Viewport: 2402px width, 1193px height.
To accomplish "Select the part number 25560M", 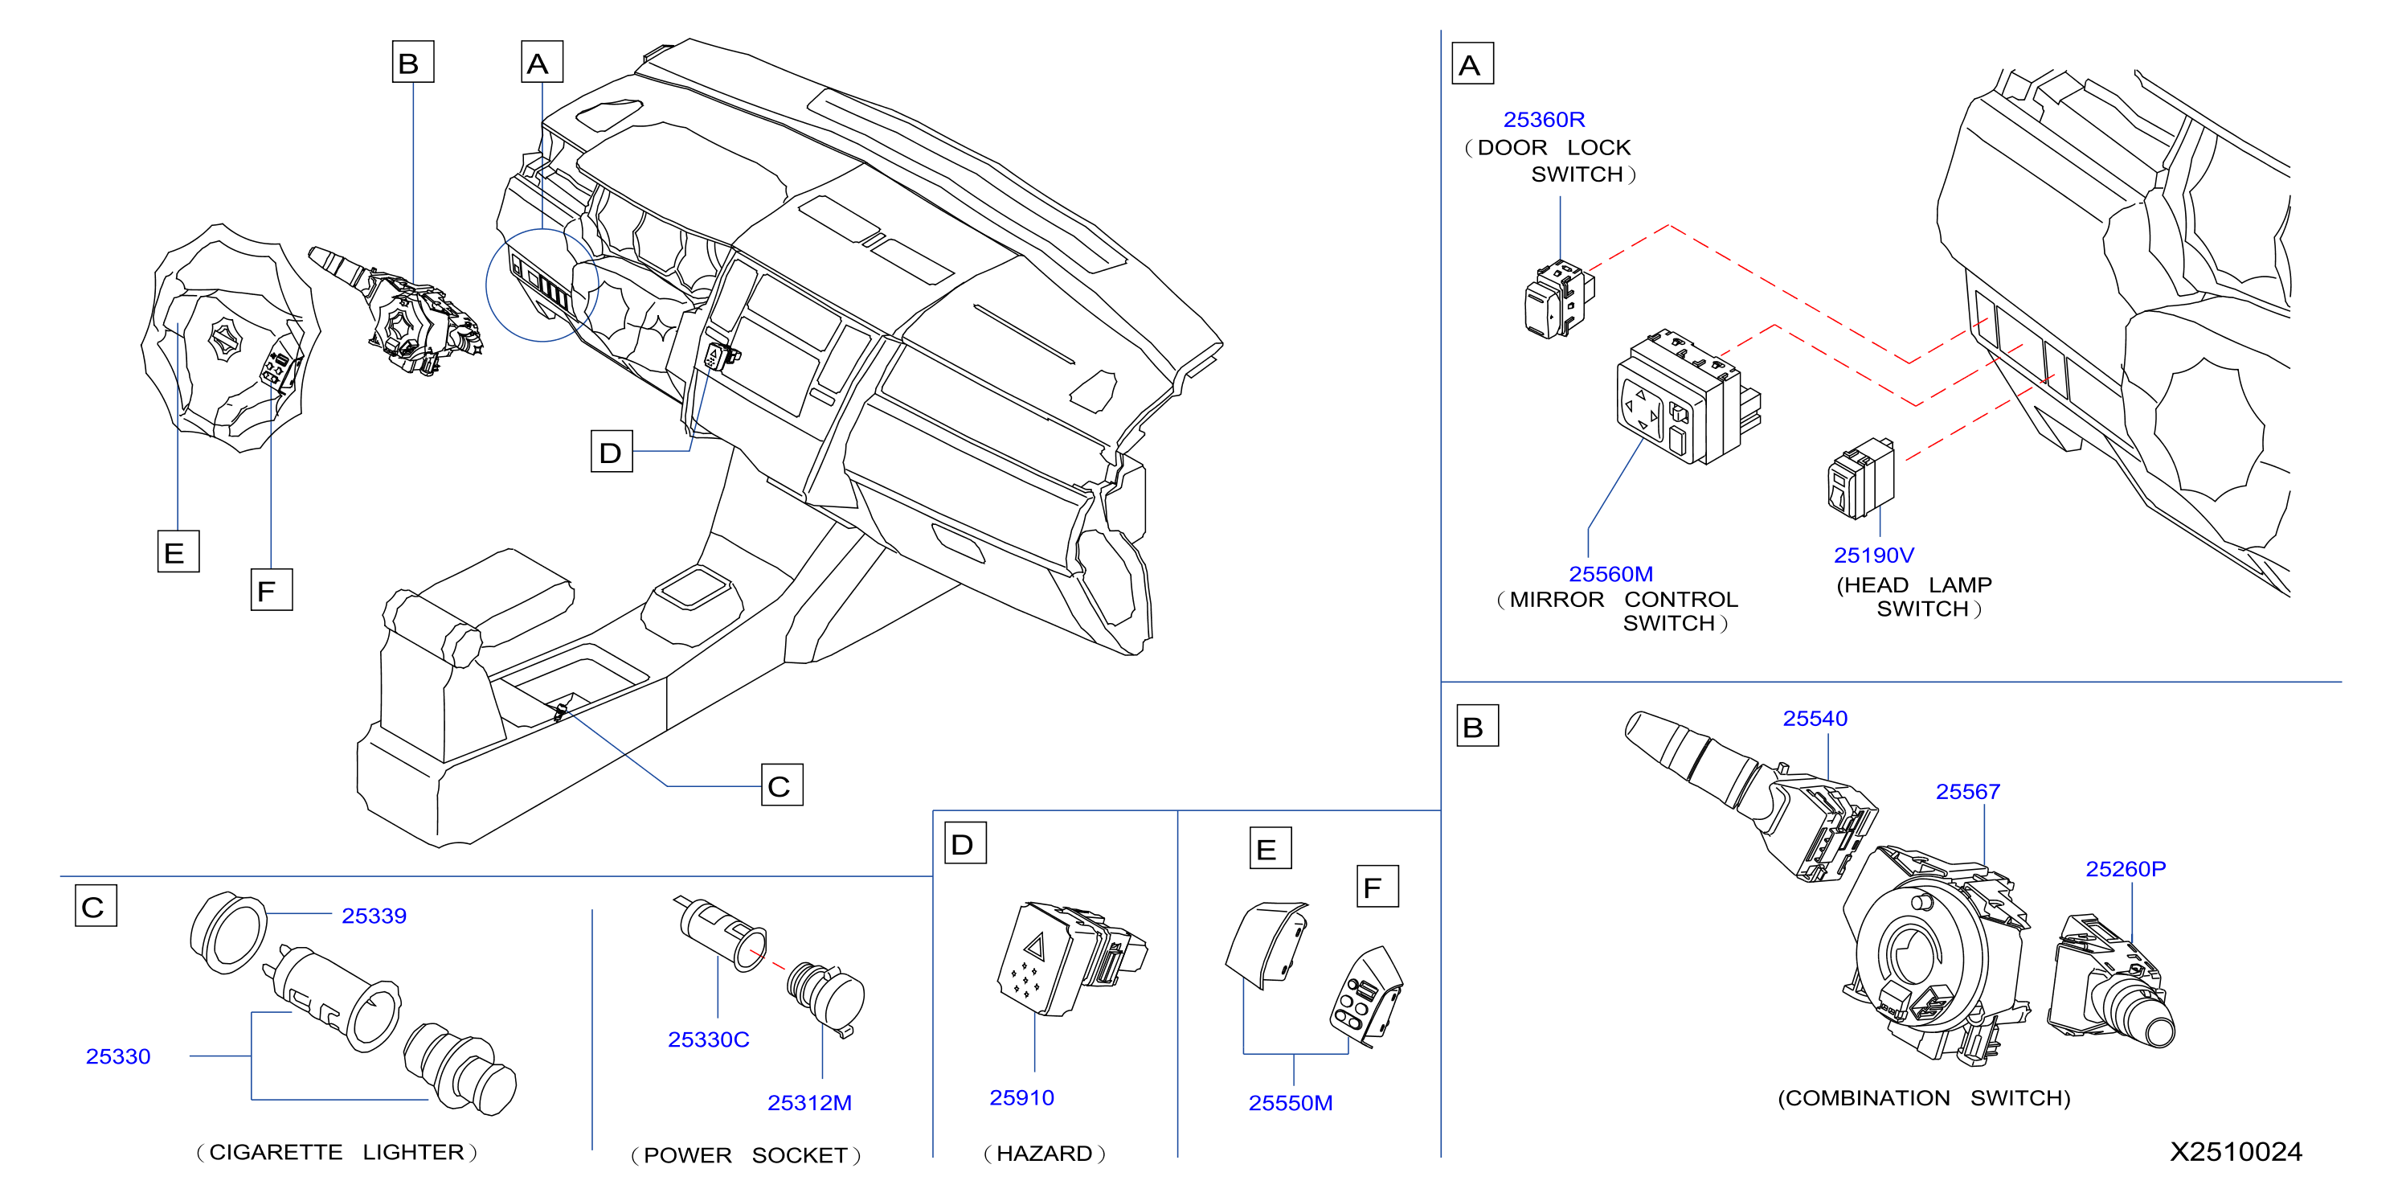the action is (x=1610, y=574).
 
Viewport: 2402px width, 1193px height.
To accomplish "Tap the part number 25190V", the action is (x=1873, y=555).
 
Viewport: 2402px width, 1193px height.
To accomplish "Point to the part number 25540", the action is (x=1815, y=718).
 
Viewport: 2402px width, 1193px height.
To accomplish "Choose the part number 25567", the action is (x=1967, y=791).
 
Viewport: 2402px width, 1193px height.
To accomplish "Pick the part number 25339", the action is (x=374, y=915).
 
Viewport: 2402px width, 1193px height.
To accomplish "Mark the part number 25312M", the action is (x=809, y=1102).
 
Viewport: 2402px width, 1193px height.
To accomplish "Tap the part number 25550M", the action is (x=1291, y=1102).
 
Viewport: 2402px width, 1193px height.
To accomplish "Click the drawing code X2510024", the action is (x=2235, y=1151).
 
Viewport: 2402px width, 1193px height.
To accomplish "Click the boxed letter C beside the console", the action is (x=781, y=785).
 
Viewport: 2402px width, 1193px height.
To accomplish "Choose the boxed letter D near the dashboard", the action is (x=612, y=452).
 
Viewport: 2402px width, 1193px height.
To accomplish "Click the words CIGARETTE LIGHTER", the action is (x=337, y=1152).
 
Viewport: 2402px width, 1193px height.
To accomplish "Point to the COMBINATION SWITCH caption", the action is (x=1924, y=1098).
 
